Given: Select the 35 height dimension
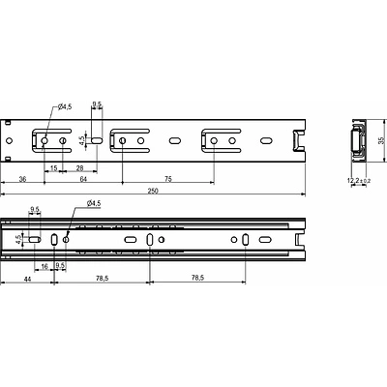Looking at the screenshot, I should point(379,141).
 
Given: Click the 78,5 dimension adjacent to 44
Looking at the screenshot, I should point(102,278).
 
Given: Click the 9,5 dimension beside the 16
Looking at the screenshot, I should point(60,264).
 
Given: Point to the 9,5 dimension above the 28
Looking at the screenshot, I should point(97,103).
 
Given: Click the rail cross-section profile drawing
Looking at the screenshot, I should point(356,141).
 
